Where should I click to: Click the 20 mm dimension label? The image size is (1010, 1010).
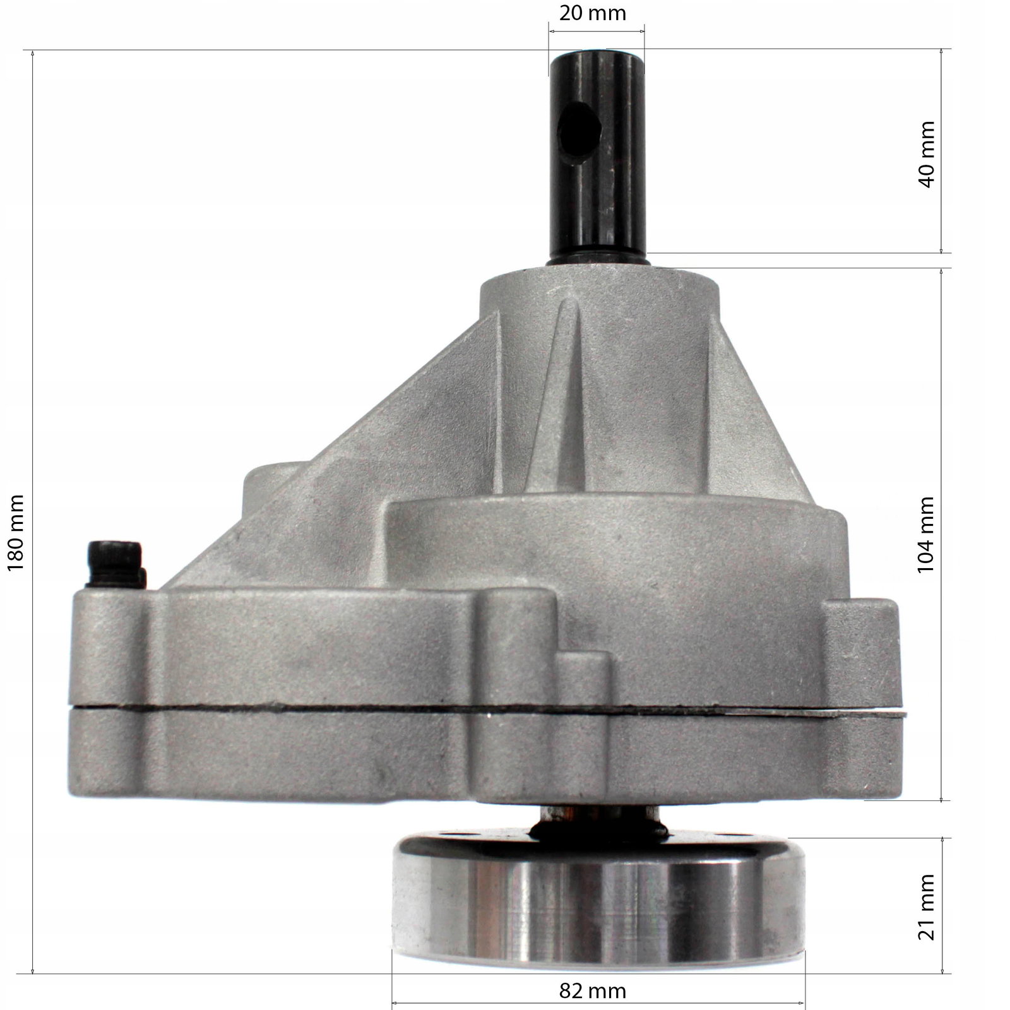coord(593,13)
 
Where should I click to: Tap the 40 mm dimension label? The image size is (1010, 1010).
coord(926,154)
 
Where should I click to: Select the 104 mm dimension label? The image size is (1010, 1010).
coord(926,534)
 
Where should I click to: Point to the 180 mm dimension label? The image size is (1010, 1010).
coord(15,533)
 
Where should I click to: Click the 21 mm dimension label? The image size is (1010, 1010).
coord(926,906)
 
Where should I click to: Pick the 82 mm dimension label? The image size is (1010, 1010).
coord(593,990)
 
